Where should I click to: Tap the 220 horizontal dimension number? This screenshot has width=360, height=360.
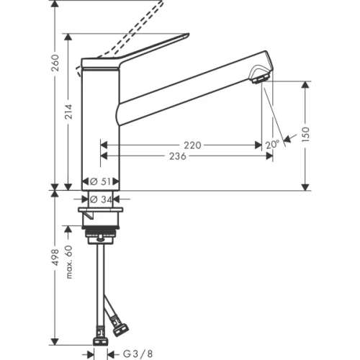point(193,145)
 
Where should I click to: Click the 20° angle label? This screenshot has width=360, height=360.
point(271,145)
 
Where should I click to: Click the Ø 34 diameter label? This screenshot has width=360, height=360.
point(102,199)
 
